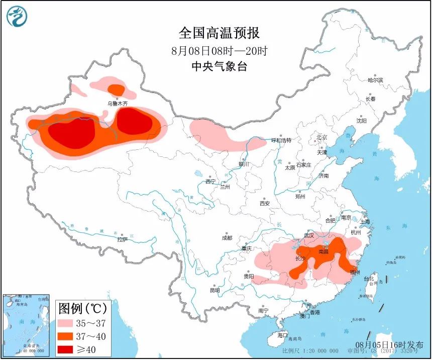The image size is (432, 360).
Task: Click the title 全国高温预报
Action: coord(219,33)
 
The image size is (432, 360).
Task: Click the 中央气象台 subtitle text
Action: coord(219,66)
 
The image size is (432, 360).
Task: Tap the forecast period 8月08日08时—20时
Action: coord(219,50)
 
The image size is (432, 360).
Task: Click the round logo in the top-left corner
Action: coord(17,17)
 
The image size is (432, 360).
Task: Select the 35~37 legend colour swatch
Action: coord(67,323)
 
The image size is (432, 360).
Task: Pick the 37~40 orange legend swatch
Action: coord(67,336)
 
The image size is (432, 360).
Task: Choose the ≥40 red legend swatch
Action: coord(67,349)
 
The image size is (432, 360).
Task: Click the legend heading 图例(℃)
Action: coord(80,308)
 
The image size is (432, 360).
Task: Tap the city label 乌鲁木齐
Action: coord(118,104)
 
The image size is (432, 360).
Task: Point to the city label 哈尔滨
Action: coord(375,80)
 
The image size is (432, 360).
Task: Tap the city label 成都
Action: coord(227,238)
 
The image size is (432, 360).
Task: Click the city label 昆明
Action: coord(214,291)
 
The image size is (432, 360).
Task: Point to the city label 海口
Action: coord(283,335)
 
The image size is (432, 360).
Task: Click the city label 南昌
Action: coord(325,251)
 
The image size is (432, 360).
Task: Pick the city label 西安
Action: coord(265,204)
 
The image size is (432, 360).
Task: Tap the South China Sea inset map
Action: coord(26,324)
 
